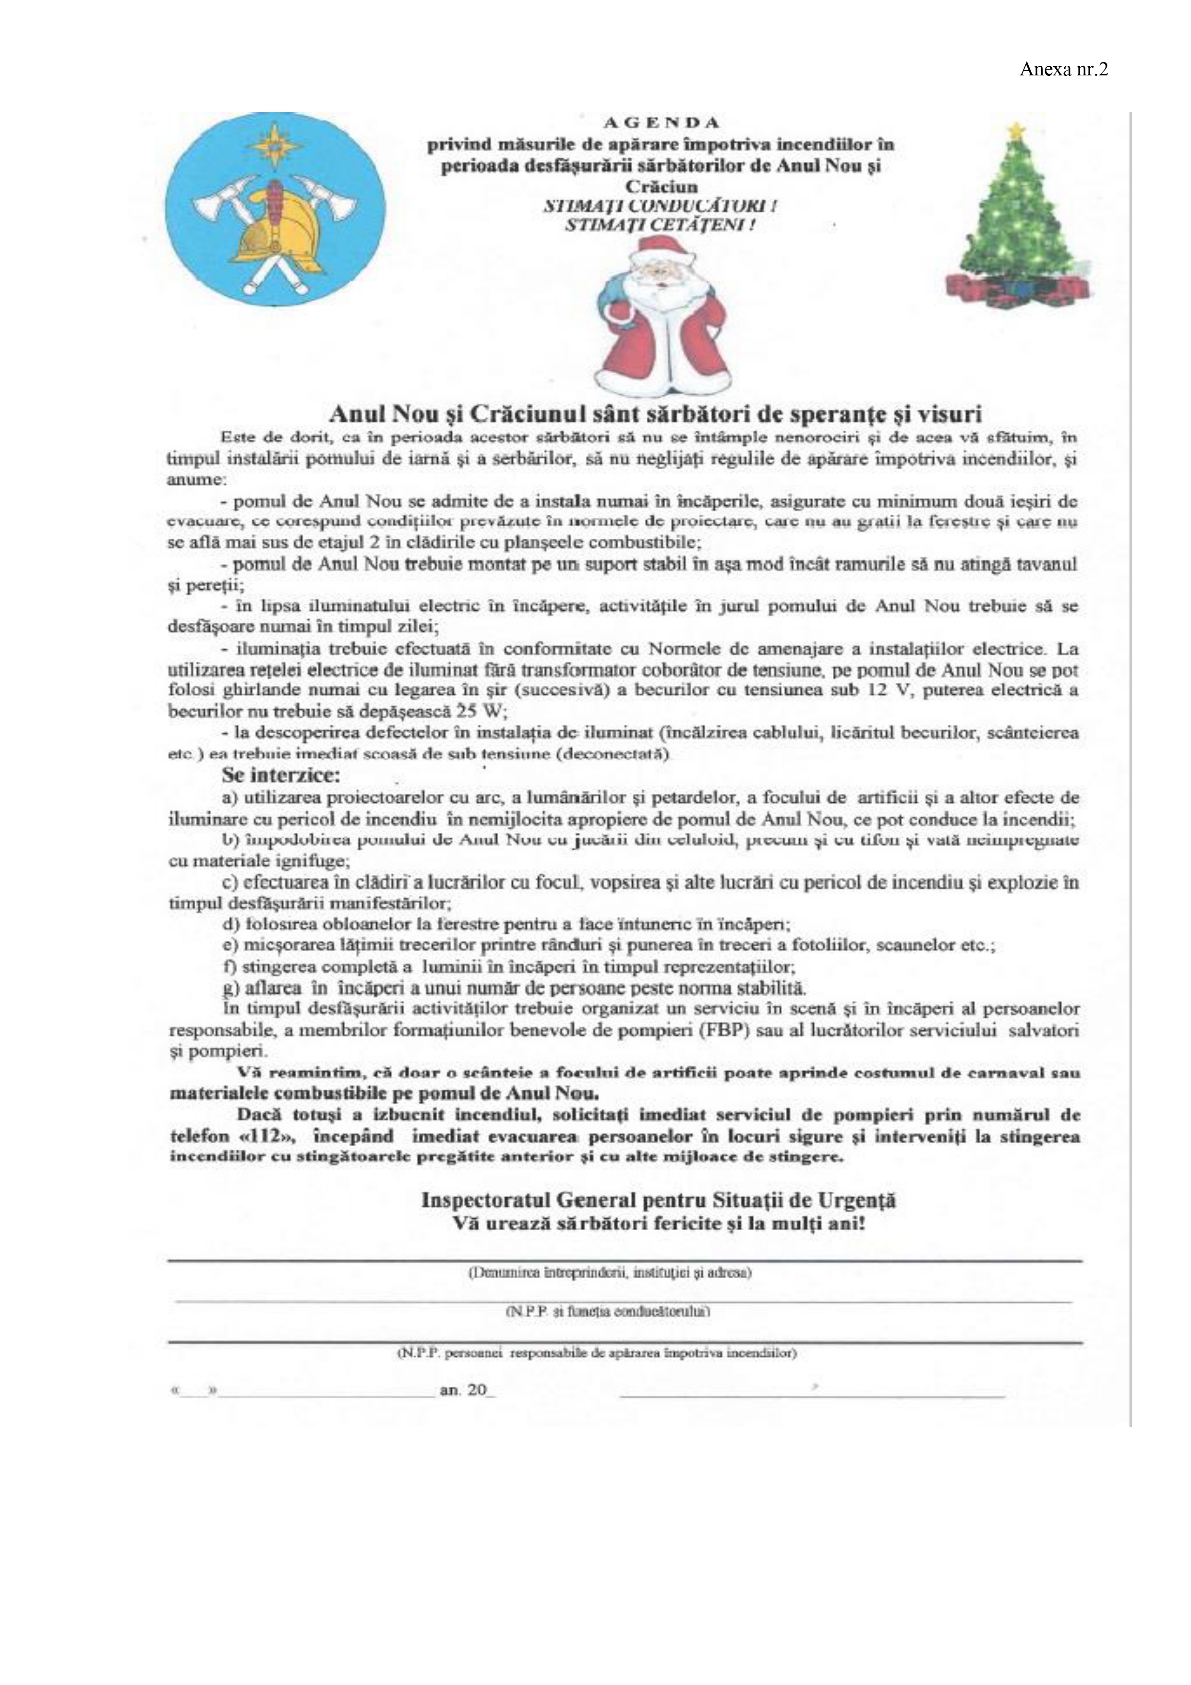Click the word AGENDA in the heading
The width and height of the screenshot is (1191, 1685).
[x=661, y=122]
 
